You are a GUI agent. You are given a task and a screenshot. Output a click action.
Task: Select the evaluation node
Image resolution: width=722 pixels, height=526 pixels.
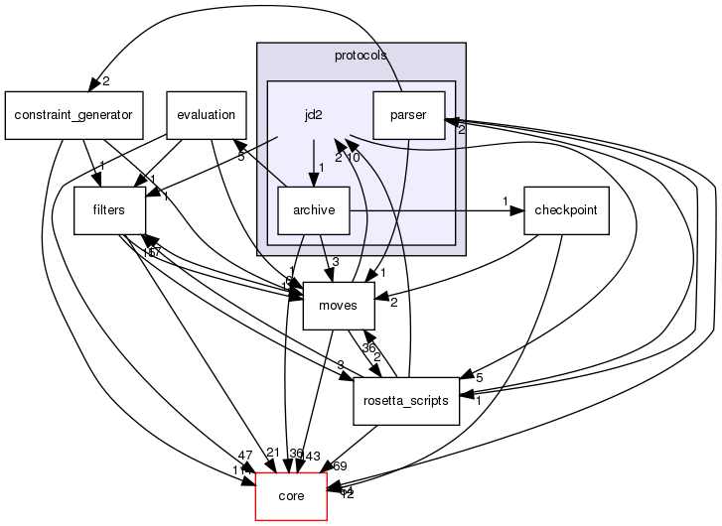(x=206, y=115)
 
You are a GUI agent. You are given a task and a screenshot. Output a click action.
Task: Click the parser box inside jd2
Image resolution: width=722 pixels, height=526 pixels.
(x=408, y=115)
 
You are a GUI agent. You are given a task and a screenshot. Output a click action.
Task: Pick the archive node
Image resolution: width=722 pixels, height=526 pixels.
(x=314, y=210)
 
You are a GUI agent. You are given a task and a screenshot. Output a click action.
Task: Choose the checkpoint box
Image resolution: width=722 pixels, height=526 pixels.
(x=565, y=210)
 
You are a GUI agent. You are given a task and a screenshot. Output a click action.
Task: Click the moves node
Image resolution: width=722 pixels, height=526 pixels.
(x=337, y=306)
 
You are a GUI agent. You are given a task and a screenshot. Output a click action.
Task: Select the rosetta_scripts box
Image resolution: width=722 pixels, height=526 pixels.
(x=406, y=401)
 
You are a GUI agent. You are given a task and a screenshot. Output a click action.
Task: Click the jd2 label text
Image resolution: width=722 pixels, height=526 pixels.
(x=314, y=115)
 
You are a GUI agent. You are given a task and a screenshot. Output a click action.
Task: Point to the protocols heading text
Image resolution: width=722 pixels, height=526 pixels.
(x=361, y=56)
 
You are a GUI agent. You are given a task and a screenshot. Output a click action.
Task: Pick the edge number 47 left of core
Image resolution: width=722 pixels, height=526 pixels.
(x=246, y=455)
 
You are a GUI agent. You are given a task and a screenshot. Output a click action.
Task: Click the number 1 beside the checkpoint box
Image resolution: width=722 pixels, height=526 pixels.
(x=505, y=202)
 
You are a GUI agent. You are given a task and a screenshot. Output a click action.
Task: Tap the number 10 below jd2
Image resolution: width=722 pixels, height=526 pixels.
(x=353, y=158)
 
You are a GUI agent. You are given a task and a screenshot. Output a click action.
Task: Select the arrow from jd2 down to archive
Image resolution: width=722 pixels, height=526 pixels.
(x=314, y=163)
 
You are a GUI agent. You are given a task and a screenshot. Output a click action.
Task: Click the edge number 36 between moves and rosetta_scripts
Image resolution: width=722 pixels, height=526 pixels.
(x=369, y=348)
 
